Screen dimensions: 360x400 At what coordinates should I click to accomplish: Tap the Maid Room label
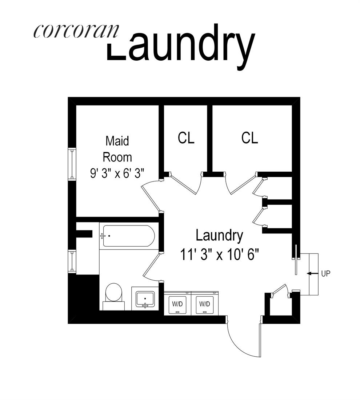[x=117, y=149]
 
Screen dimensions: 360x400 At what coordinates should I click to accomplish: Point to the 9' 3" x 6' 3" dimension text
[x=117, y=172]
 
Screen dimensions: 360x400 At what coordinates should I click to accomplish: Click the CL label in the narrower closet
[x=186, y=138]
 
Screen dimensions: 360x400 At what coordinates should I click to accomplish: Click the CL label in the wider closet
[x=250, y=138]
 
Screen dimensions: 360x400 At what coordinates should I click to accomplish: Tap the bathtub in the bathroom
[x=128, y=236]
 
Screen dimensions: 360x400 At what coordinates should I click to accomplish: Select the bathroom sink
[x=145, y=299]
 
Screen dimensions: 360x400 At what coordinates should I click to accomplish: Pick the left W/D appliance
[x=177, y=304]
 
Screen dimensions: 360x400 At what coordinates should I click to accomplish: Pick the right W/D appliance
[x=205, y=304]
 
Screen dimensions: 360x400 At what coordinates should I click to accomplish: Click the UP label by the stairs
[x=326, y=273]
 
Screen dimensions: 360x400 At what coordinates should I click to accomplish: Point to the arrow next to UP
[x=311, y=273]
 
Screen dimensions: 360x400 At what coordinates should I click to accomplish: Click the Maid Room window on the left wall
[x=72, y=164]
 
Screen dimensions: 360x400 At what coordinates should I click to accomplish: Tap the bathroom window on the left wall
[x=72, y=261]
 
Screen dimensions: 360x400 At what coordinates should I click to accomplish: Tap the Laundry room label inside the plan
[x=219, y=236]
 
